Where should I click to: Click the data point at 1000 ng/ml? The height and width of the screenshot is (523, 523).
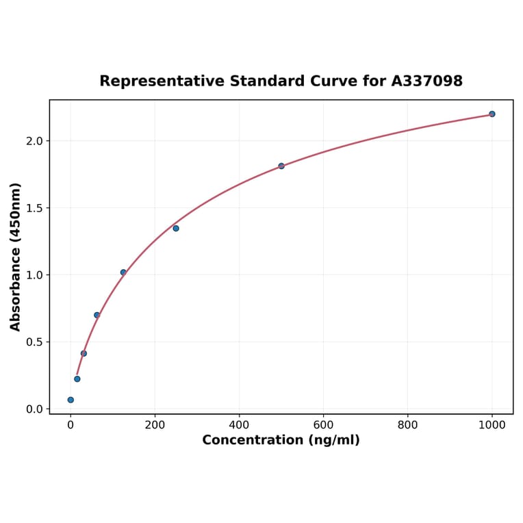[x=492, y=114]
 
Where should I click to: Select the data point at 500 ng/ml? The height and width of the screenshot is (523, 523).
[x=281, y=166]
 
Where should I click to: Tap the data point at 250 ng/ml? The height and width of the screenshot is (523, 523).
[x=176, y=228]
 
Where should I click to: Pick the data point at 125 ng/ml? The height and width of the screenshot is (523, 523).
[x=123, y=272]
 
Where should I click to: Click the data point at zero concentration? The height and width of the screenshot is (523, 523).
[x=71, y=400]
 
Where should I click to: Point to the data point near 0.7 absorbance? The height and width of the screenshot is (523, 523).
[x=97, y=315]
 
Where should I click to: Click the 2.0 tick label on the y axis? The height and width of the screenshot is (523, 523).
[x=35, y=141]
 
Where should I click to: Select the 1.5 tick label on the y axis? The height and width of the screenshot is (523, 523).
[x=35, y=208]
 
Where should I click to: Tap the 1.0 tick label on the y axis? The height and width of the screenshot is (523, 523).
[x=35, y=275]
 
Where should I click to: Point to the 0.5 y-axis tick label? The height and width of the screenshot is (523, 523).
[x=35, y=342]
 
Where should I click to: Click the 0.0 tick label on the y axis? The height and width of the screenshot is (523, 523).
[x=35, y=409]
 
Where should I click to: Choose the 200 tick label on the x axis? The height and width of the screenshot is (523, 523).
[x=155, y=424]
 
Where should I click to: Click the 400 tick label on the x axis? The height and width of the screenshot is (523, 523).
[x=239, y=424]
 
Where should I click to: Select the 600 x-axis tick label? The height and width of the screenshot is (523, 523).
[x=323, y=424]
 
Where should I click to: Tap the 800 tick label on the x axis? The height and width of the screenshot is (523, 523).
[x=408, y=424]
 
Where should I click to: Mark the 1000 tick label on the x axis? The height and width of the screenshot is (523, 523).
[x=492, y=424]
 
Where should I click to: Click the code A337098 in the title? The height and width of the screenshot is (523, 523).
[x=427, y=81]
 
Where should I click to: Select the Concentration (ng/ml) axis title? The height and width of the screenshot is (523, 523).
[x=281, y=440]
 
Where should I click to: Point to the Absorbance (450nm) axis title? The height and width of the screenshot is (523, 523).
[x=16, y=257]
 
